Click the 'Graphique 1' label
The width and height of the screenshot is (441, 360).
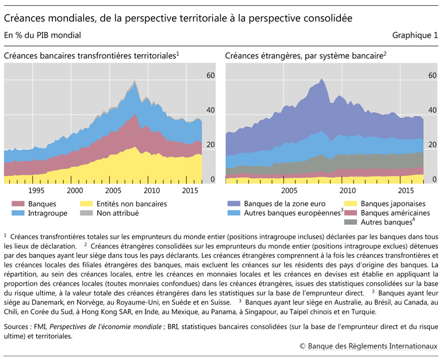415,35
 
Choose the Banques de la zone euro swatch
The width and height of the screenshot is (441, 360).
234,204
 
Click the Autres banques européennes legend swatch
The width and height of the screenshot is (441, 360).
234,213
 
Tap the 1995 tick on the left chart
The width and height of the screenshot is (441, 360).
36,190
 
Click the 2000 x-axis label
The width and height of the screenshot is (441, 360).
74,190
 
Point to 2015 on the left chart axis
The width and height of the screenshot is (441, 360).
190,190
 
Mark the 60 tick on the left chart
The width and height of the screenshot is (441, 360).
210,76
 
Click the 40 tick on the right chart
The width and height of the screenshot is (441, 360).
432,110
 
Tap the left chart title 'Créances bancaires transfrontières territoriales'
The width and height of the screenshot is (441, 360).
91,56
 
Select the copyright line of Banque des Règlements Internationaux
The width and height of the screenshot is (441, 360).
368,346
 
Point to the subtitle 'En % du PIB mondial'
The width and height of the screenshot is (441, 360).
42,35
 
